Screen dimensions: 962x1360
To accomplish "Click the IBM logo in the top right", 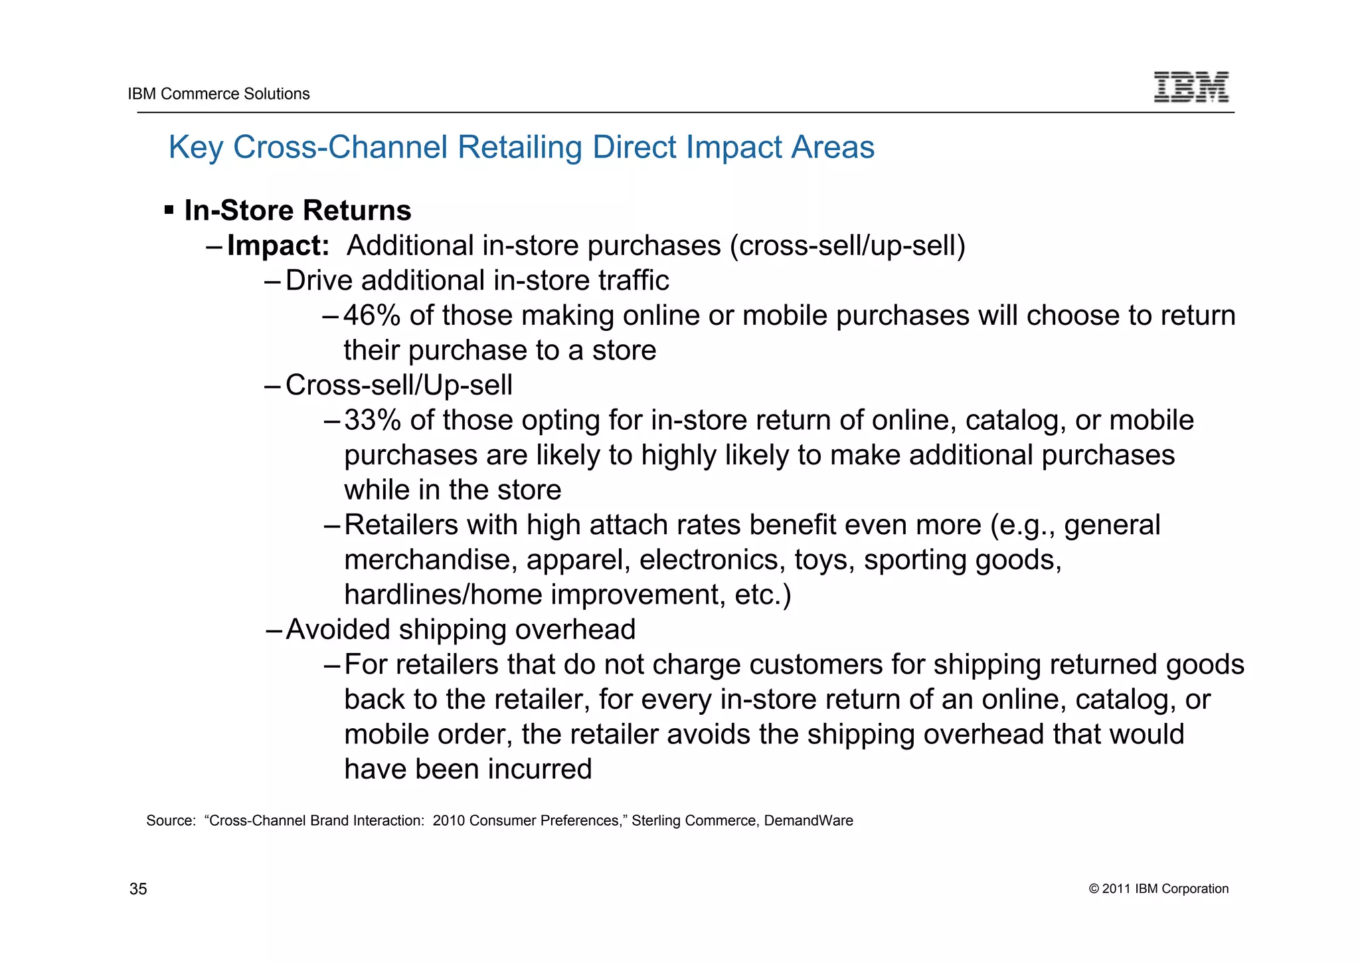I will (x=1191, y=87).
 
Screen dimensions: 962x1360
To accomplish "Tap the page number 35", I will (x=138, y=889).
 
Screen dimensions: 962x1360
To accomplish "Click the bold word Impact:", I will (x=278, y=246).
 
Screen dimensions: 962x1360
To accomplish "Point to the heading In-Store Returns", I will (x=297, y=211).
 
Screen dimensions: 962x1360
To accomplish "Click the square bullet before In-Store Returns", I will (x=169, y=211).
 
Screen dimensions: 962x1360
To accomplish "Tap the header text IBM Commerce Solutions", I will (x=218, y=94).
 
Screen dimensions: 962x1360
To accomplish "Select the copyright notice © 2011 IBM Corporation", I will (x=1159, y=889).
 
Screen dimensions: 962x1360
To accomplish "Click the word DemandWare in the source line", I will (x=808, y=820).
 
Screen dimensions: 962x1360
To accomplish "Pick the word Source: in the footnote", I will (x=171, y=820).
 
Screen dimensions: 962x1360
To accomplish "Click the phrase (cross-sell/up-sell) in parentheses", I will (x=847, y=246).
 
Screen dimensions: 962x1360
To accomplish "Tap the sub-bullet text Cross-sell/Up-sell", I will (x=398, y=385).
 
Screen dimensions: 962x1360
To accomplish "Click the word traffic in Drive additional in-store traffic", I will (x=633, y=280).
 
